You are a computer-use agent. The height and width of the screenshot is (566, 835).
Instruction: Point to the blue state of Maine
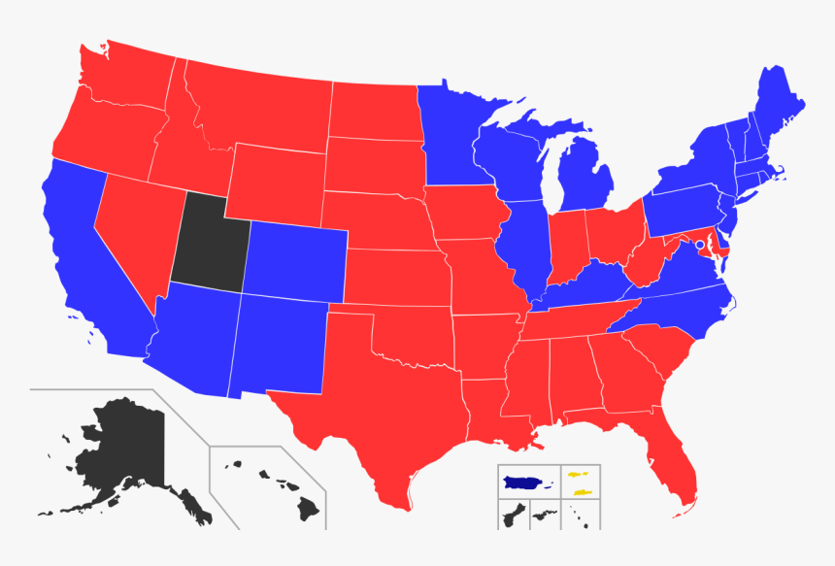pos(777,107)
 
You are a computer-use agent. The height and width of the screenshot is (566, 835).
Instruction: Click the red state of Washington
pos(121,83)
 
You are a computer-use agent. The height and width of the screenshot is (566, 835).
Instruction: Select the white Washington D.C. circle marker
pos(699,245)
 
